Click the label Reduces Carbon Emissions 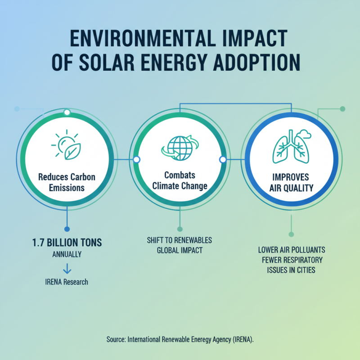coord(67,182)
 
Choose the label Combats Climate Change coord(180,182)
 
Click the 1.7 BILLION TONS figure coord(67,243)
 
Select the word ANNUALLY coord(67,254)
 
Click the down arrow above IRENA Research coord(67,269)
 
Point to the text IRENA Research coord(67,282)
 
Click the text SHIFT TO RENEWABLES coord(180,240)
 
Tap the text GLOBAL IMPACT coord(180,250)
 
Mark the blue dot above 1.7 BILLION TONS coord(67,229)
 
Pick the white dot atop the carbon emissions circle coord(67,112)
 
